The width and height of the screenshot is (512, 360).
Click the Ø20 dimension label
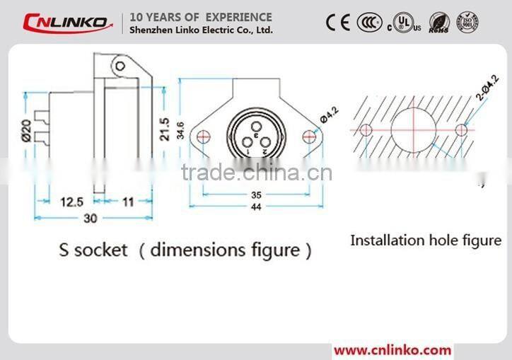[x=26, y=130]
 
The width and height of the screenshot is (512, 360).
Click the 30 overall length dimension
[x=90, y=218]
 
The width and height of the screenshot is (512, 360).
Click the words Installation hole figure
[x=426, y=240]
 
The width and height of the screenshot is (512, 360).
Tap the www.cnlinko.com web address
[x=392, y=350]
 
